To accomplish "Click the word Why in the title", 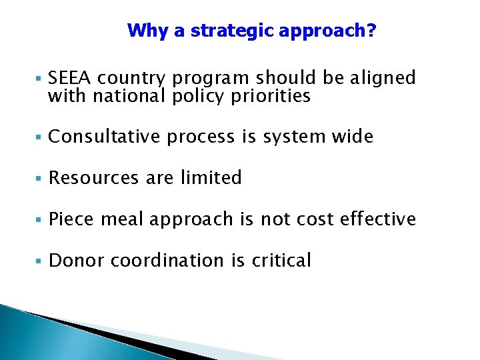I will click(143, 31).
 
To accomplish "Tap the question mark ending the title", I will click(371, 31).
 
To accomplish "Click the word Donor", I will click(76, 261).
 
